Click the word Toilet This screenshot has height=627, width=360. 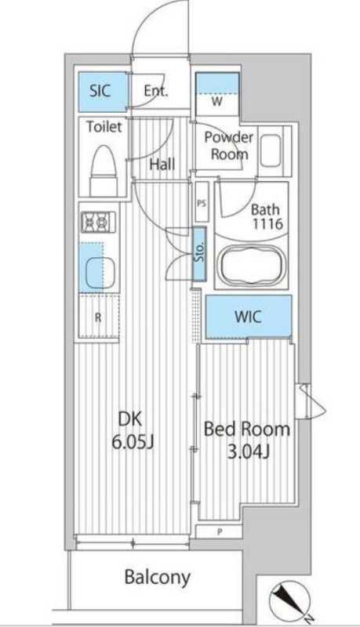pos(104,126)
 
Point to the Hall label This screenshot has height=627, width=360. pos(162,164)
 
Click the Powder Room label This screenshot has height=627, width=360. pos(227,145)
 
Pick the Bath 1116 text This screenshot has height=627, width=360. pos(267,216)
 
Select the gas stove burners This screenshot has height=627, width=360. pos(99,223)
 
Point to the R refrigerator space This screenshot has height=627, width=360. pos(98,317)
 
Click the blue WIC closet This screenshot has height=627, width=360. pos(249,317)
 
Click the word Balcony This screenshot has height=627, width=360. pos(158,578)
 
